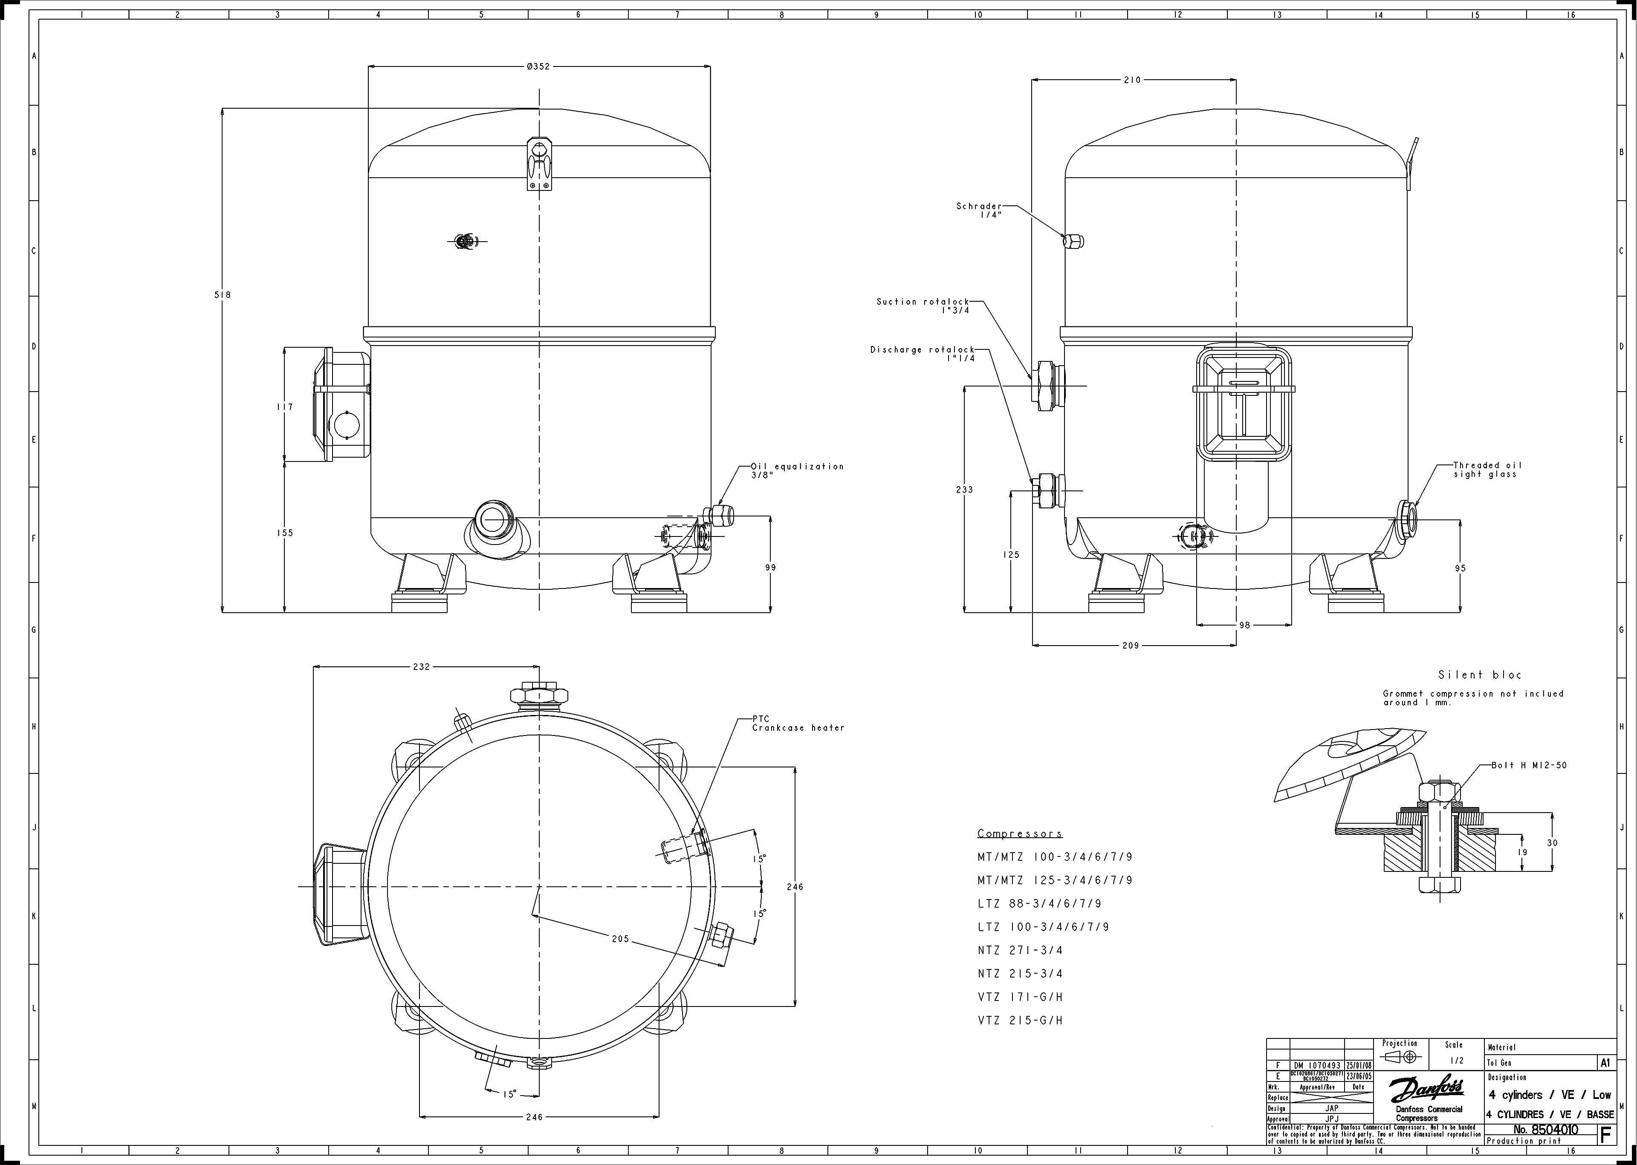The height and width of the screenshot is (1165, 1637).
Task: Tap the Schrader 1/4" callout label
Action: tap(979, 210)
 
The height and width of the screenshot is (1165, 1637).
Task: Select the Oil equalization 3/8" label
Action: tap(797, 470)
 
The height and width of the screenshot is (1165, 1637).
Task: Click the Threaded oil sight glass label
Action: tap(1487, 469)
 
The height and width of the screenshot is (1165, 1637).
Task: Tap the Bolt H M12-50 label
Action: tap(1529, 765)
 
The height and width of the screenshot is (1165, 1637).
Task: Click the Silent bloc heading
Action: tap(1479, 675)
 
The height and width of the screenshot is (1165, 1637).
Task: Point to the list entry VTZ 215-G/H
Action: tap(1020, 1020)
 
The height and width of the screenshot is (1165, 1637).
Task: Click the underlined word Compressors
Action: tap(1019, 833)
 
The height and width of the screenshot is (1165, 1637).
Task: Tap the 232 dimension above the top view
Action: tap(421, 666)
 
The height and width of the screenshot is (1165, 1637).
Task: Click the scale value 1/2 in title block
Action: tap(1453, 1060)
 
